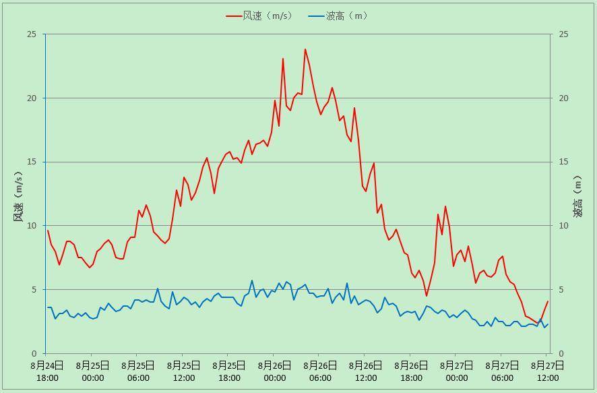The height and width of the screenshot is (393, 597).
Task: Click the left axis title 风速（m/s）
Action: pos(19,196)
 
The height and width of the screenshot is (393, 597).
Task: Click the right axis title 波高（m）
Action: pos(577,196)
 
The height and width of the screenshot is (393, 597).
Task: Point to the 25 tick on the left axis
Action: pos(32,34)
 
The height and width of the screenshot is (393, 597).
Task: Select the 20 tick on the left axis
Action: pos(32,98)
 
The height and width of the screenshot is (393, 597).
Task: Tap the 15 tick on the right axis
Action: pos(563,162)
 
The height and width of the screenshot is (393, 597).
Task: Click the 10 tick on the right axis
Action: pos(563,226)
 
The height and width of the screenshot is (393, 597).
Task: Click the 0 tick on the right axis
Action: pos(561,353)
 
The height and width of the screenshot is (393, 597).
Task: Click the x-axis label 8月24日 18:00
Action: pos(47,371)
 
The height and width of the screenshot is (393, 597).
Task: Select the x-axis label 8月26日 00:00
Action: pos(274,371)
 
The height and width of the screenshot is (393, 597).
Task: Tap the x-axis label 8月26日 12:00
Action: pos(365,371)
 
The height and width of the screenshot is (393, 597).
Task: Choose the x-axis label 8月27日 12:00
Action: pos(547,371)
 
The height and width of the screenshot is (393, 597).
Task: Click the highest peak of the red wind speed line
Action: pos(305,49)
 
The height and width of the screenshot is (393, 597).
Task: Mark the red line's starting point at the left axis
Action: pos(48,231)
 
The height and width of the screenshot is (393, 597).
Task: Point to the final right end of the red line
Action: pos(548,301)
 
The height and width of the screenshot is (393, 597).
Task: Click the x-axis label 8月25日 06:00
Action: pos(138,371)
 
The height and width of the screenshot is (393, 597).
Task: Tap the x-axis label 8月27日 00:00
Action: pos(456,371)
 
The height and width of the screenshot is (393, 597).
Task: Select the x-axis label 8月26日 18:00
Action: pos(411,371)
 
